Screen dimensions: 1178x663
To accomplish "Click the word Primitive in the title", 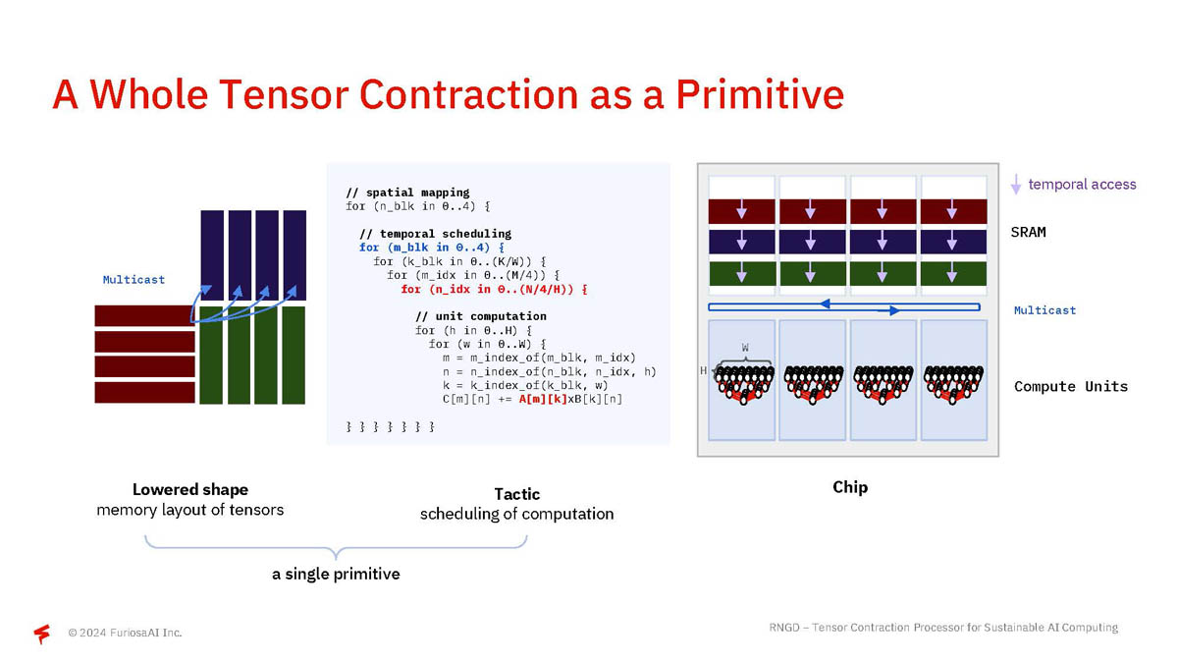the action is tap(760, 94).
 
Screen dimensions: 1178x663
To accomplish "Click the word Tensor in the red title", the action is tap(284, 94).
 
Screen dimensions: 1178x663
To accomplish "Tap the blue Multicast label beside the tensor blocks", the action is tap(134, 279).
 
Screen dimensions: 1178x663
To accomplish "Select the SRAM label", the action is tap(1028, 232).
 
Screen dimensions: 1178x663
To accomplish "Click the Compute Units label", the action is tap(1071, 386).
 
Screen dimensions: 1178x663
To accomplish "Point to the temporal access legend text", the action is tap(1082, 185).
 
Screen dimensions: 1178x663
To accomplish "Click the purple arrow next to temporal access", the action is tap(1016, 185).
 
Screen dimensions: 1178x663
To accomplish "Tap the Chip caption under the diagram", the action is tap(850, 487).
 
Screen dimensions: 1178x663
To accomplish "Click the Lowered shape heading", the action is tap(189, 490).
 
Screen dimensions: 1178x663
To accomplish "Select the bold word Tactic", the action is tap(517, 494).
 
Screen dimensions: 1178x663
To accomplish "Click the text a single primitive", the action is tap(336, 574).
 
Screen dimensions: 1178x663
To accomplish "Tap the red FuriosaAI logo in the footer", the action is tap(42, 634).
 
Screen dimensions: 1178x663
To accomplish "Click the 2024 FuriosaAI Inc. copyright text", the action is tap(125, 633).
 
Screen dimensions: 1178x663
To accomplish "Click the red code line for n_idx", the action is tap(495, 289).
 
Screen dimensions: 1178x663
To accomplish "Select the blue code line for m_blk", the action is tap(432, 248).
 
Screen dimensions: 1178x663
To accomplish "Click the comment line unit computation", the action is tap(481, 316).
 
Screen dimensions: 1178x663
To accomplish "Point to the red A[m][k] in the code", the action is tap(543, 399).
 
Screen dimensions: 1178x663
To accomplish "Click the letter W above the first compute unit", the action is tap(745, 348).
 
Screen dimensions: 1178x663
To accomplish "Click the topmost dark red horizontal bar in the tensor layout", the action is tap(144, 315).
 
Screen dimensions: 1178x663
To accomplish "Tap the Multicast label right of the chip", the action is tap(1044, 310).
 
